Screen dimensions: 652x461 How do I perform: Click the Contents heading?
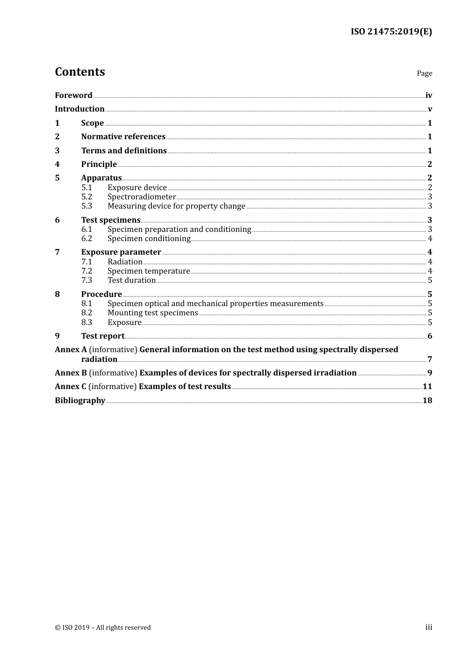pyautogui.click(x=80, y=72)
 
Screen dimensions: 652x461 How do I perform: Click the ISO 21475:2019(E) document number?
pyautogui.click(x=391, y=32)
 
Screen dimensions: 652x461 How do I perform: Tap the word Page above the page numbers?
pyautogui.click(x=424, y=73)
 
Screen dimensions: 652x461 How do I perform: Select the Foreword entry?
pyautogui.click(x=73, y=96)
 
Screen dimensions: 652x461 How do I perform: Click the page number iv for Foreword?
pyautogui.click(x=428, y=96)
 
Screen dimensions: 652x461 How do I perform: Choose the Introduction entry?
pyautogui.click(x=80, y=109)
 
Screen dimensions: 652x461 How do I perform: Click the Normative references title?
pyautogui.click(x=123, y=137)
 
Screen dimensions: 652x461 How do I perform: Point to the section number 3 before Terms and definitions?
pyautogui.click(x=57, y=151)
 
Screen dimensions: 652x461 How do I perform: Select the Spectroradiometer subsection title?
pyautogui.click(x=142, y=197)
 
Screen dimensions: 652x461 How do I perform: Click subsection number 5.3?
pyautogui.click(x=86, y=206)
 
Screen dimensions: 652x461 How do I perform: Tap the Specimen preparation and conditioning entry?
pyautogui.click(x=179, y=229)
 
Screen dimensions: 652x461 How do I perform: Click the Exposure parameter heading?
pyautogui.click(x=121, y=252)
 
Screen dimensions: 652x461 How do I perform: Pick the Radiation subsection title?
pyautogui.click(x=125, y=262)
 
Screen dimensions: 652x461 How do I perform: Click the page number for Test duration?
pyautogui.click(x=429, y=280)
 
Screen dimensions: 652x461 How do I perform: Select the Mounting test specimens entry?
pyautogui.click(x=152, y=313)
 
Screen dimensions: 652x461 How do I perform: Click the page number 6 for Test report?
pyautogui.click(x=429, y=336)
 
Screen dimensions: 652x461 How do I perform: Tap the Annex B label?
pyautogui.click(x=71, y=373)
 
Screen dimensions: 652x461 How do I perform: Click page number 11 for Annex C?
pyautogui.click(x=427, y=387)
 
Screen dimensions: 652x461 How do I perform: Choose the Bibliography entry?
pyautogui.click(x=80, y=401)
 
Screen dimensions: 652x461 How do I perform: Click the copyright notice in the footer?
pyautogui.click(x=103, y=628)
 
